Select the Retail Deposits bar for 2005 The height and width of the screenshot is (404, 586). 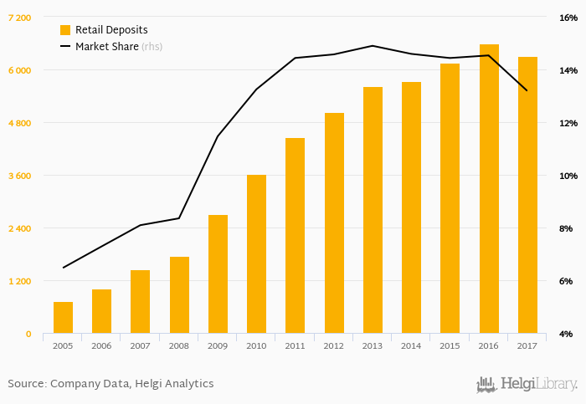(63, 318)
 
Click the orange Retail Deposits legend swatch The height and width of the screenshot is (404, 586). (65, 29)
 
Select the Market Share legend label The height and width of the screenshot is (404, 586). (106, 46)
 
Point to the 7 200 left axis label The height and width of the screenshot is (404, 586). (18, 18)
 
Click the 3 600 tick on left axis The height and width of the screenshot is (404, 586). (18, 176)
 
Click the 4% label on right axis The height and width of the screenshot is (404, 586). (567, 334)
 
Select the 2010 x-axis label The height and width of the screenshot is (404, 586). (256, 345)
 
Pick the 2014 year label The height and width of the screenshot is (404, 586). (411, 345)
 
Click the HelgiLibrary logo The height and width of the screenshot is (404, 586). (527, 384)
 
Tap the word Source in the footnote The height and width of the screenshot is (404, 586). (26, 384)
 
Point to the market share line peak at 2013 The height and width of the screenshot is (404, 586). (373, 46)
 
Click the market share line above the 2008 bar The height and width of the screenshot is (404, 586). (179, 218)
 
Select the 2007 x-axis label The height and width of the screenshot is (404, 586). (140, 345)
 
